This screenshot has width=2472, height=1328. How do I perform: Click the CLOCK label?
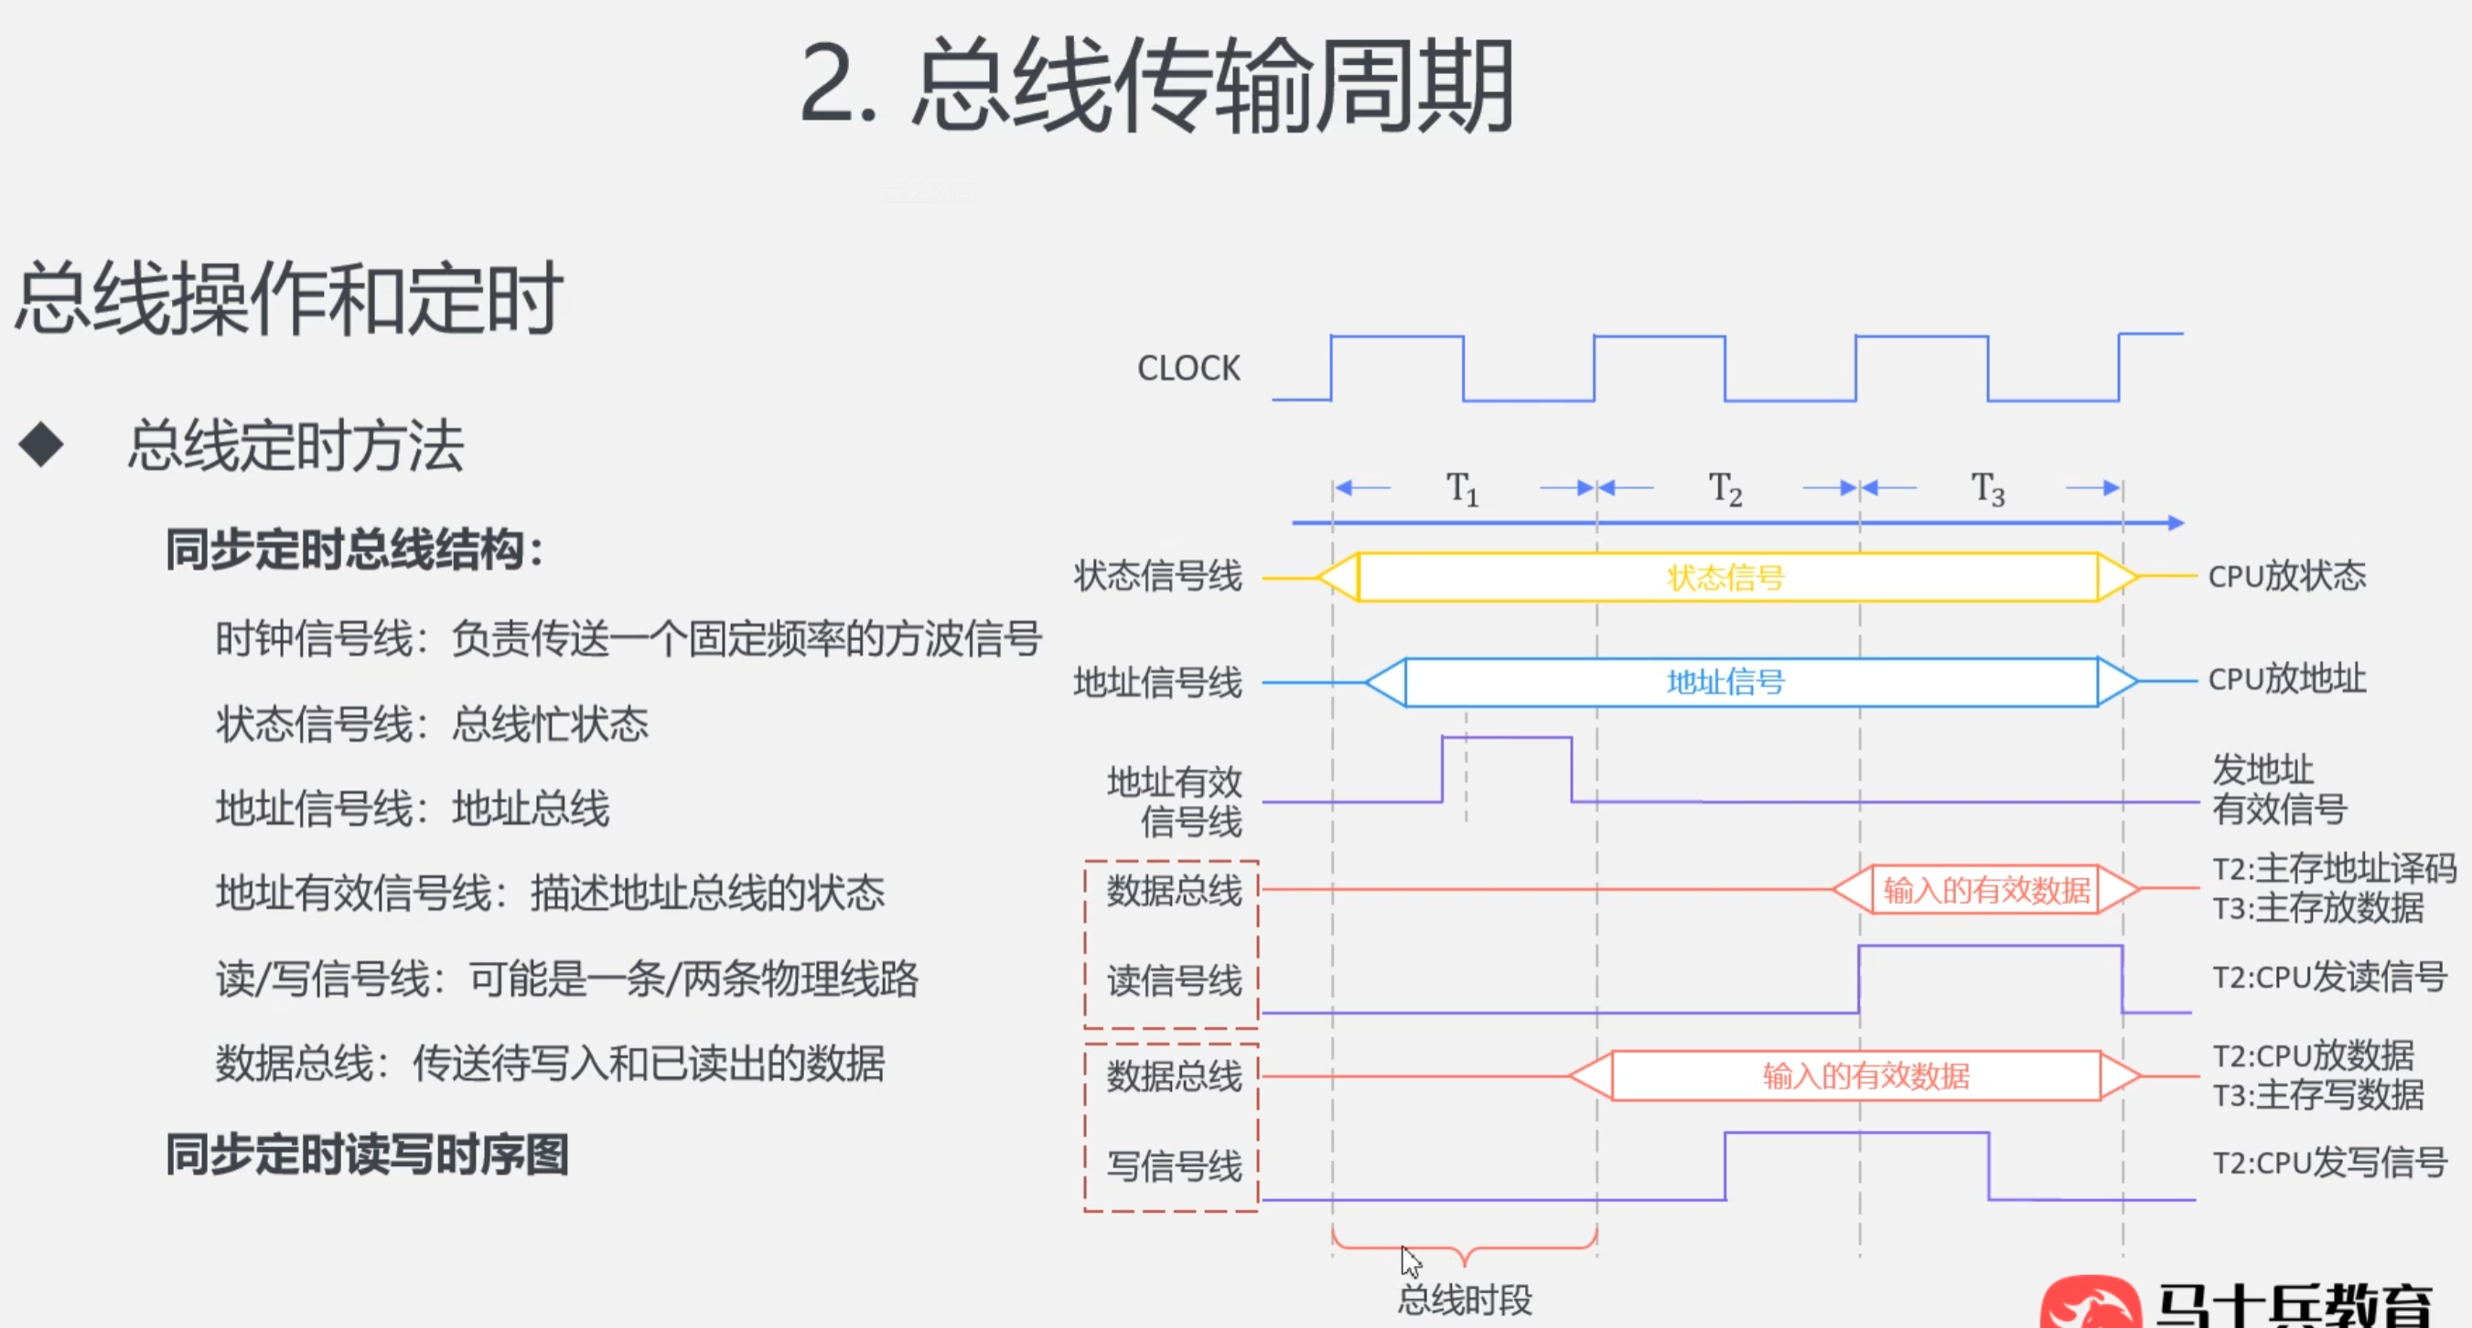1188,368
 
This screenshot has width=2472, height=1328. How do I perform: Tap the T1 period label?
1463,488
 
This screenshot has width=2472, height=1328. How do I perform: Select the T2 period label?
1725,488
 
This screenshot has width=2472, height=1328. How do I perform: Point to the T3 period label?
1988,488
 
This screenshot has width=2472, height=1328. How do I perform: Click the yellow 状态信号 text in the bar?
1725,578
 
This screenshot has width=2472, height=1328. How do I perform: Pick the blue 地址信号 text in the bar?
1725,682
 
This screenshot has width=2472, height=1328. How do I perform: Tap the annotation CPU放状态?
2287,575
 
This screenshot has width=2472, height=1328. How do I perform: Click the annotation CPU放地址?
2287,680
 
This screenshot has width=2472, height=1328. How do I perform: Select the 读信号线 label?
1175,980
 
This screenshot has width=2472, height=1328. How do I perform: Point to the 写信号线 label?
1175,1167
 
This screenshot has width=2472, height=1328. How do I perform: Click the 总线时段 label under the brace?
1465,1301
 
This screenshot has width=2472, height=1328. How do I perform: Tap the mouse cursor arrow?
1410,1261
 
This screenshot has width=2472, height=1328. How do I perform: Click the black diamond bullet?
41,445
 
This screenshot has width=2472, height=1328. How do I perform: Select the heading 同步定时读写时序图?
368,1154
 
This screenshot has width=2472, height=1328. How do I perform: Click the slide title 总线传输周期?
1156,85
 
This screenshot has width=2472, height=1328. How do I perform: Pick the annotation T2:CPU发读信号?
2329,977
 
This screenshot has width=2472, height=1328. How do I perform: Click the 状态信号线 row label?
1157,575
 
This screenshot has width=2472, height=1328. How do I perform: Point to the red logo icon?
2090,1302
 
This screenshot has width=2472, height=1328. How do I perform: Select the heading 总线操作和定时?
288,299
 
